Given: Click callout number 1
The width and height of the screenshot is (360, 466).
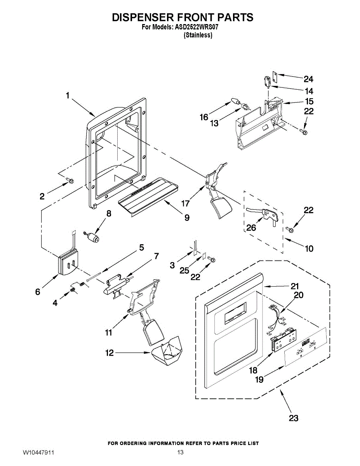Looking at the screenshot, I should [68, 95].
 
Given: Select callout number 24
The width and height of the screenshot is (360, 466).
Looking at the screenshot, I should [308, 79].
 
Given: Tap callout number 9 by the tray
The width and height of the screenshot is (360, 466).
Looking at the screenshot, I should [187, 218].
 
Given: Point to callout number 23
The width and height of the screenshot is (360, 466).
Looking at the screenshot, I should [294, 418].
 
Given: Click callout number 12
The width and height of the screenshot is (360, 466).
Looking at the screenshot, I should [110, 353].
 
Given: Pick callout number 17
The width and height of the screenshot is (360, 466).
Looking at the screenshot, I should [185, 203].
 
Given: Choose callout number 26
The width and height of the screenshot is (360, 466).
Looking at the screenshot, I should [251, 227].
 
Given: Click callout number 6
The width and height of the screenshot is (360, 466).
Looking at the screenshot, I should [38, 292].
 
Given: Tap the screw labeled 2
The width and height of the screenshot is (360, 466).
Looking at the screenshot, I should [70, 180].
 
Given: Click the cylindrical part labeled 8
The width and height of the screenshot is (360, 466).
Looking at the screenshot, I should [93, 236].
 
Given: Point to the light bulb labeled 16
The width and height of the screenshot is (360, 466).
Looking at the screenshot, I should [235, 101].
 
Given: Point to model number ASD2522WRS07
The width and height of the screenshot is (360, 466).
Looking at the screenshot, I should [199, 28].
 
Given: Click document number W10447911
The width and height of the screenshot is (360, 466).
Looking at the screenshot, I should [38, 453].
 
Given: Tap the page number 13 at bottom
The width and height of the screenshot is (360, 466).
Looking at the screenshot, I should [180, 453].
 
